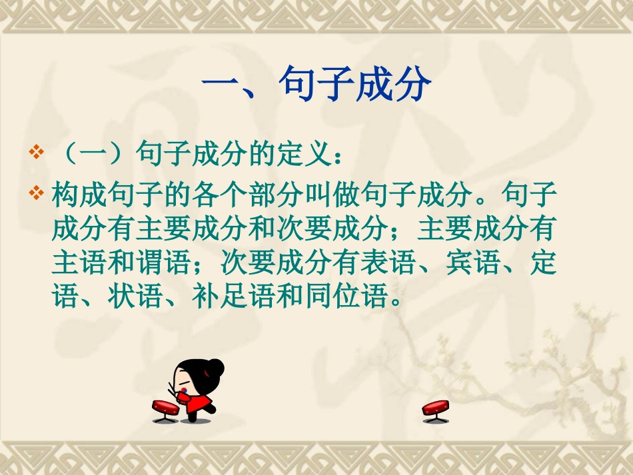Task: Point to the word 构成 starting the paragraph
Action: (x=79, y=196)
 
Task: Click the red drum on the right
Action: (x=436, y=408)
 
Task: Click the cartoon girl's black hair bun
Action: (x=215, y=366)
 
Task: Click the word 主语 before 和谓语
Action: (x=79, y=263)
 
